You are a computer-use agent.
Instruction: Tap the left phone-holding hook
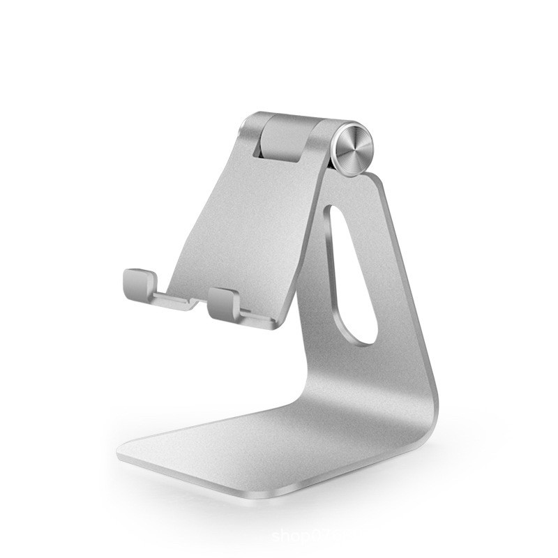coord(139,282)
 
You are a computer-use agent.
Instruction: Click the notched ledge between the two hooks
coord(183,302)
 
